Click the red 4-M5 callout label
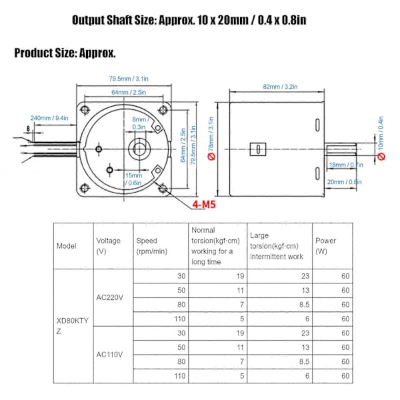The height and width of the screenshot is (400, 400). coord(204,205)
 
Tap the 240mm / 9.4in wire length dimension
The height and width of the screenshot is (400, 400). coord(49,118)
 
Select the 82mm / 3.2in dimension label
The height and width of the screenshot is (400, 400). coord(280,87)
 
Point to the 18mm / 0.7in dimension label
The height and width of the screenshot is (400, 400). coord(346,165)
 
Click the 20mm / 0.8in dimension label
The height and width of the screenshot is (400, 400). coord(345,182)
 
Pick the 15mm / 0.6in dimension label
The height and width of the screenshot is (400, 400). coord(133,179)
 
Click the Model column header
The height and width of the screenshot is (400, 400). coord(66,246)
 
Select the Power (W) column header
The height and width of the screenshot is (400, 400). coord(325,246)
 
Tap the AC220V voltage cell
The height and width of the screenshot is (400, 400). coord(110,297)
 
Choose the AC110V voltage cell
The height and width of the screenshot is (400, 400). coord(109,355)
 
